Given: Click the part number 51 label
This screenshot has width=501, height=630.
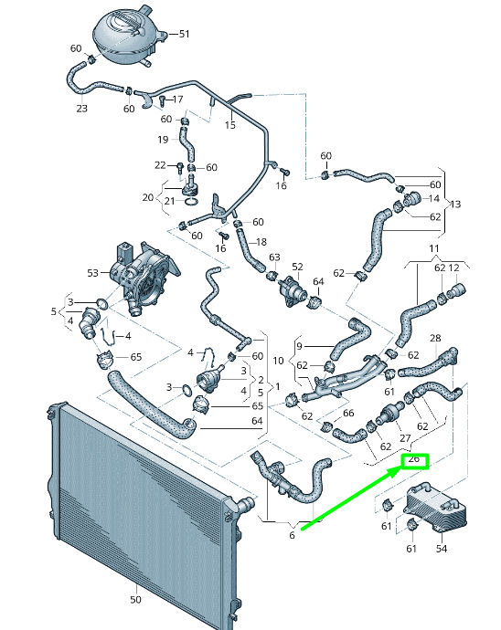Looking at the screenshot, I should [x=185, y=34].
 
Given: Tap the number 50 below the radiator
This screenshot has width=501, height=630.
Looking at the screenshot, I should [x=135, y=600].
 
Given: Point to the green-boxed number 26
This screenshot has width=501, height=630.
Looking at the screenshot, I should [x=413, y=460].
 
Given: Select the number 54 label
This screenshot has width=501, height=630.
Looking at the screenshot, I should [x=442, y=549].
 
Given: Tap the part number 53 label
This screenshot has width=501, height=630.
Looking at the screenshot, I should [x=92, y=272].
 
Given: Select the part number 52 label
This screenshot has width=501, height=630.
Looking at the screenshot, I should [x=297, y=266].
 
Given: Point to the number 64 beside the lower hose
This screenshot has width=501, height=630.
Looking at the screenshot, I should [x=257, y=421].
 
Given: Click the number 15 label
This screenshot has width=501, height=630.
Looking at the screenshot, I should [x=229, y=124].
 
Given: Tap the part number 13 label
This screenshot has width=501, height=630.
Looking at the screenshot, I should [x=456, y=204].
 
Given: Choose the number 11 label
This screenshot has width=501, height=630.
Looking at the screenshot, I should [x=434, y=248].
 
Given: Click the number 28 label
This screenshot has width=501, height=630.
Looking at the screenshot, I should [x=435, y=338].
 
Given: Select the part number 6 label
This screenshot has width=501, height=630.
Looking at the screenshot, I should [x=293, y=535].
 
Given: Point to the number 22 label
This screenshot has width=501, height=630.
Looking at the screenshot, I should [x=159, y=165].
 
